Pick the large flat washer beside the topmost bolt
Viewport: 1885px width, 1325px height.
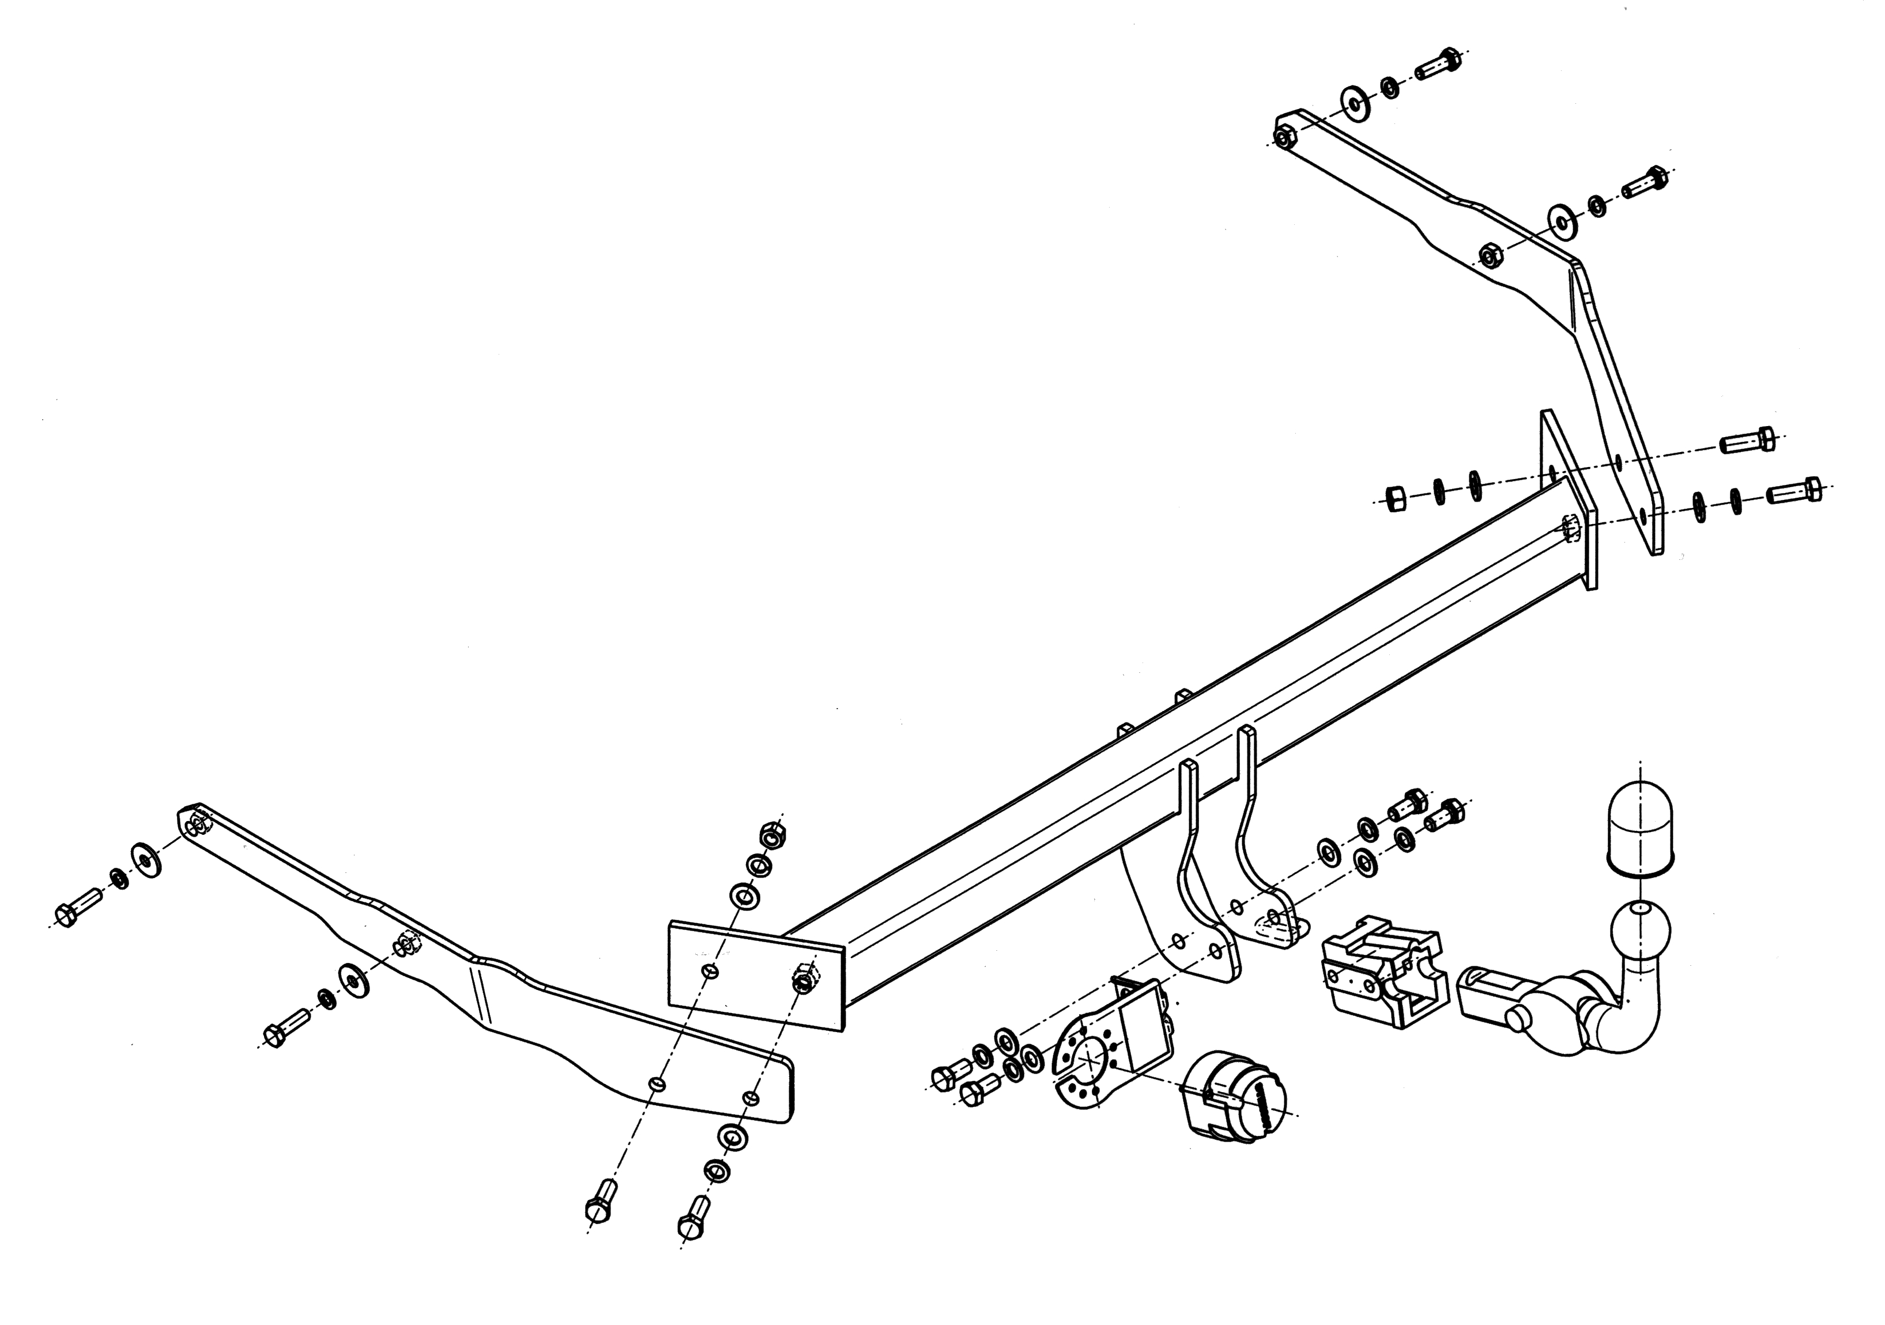click(x=1355, y=100)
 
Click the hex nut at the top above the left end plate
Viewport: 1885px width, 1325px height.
click(x=772, y=835)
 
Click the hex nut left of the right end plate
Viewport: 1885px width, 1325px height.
click(x=1394, y=498)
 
